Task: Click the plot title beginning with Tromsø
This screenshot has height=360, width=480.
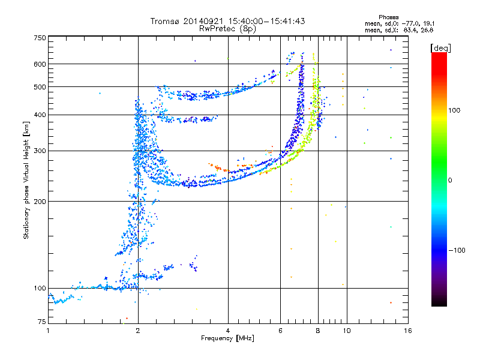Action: [x=227, y=21]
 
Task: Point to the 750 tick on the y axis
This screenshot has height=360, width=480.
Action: [x=40, y=38]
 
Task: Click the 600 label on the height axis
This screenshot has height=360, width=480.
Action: [x=40, y=64]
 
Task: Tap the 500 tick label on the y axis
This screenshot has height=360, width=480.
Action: [x=40, y=87]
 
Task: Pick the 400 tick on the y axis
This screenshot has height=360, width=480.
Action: [x=40, y=115]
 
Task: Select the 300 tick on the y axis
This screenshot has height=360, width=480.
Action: [x=40, y=151]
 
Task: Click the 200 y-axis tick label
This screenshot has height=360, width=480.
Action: [x=40, y=201]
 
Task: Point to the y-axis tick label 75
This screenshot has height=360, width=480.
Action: [x=41, y=322]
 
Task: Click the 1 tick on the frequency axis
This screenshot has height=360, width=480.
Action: [x=48, y=331]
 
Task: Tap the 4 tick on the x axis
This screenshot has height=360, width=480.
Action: [x=228, y=331]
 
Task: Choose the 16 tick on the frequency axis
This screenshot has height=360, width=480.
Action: [x=407, y=331]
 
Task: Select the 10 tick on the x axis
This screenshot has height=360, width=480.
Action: [x=346, y=331]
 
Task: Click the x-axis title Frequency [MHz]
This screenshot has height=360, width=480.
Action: [x=227, y=338]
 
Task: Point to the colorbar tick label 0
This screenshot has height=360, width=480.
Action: [x=449, y=180]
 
